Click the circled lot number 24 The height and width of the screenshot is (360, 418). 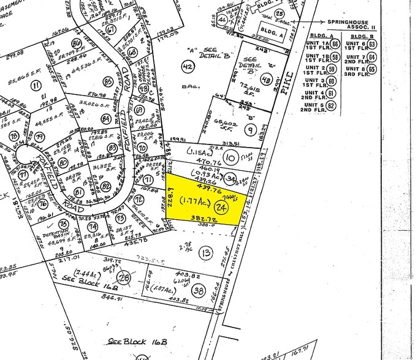pos(222,208)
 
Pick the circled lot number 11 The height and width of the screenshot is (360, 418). pos(36,86)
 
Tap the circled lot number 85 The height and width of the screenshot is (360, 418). pos(108,81)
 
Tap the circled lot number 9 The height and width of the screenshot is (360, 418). pos(251,130)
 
